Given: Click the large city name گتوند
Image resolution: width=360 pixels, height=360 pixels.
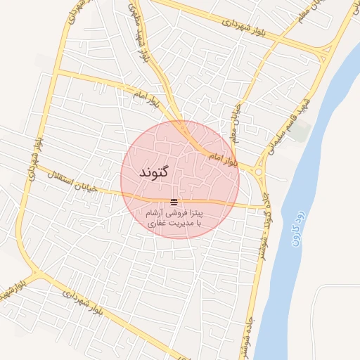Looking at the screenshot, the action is coord(153,172).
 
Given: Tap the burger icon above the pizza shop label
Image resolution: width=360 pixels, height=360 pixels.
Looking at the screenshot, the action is coord(174,202).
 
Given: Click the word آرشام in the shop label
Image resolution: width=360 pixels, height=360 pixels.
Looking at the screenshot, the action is coord(157,212).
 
